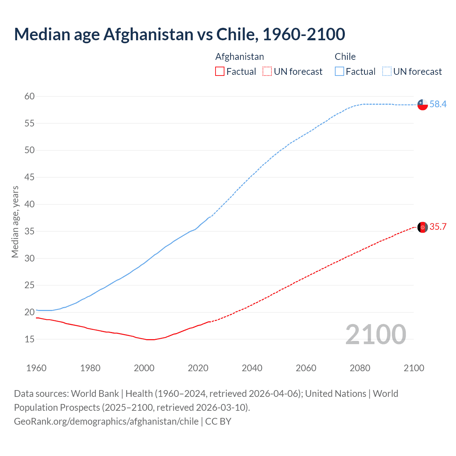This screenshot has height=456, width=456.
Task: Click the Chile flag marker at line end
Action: (423, 104)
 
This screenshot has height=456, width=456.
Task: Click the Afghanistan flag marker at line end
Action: (423, 227)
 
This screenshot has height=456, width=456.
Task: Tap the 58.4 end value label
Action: (438, 104)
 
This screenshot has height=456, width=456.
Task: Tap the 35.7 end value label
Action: (438, 227)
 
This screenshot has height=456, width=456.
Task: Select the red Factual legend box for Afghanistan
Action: (220, 72)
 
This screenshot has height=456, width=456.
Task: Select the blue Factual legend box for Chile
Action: (339, 72)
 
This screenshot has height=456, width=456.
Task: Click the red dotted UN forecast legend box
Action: (267, 72)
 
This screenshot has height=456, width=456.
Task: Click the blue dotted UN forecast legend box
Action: (387, 72)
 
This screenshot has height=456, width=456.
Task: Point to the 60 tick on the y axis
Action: (30, 96)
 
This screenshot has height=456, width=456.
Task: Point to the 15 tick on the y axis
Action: (30, 339)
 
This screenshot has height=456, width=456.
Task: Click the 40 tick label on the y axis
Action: (30, 204)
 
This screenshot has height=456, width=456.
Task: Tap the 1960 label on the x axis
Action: (36, 368)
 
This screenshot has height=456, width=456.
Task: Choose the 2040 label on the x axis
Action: (252, 368)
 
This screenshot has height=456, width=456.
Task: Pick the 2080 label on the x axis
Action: (360, 368)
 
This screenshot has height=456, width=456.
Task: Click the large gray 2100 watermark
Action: (375, 334)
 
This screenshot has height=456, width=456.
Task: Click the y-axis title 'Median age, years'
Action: (15, 222)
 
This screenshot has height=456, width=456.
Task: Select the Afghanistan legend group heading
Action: (239, 57)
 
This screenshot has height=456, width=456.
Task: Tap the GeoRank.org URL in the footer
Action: (106, 421)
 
